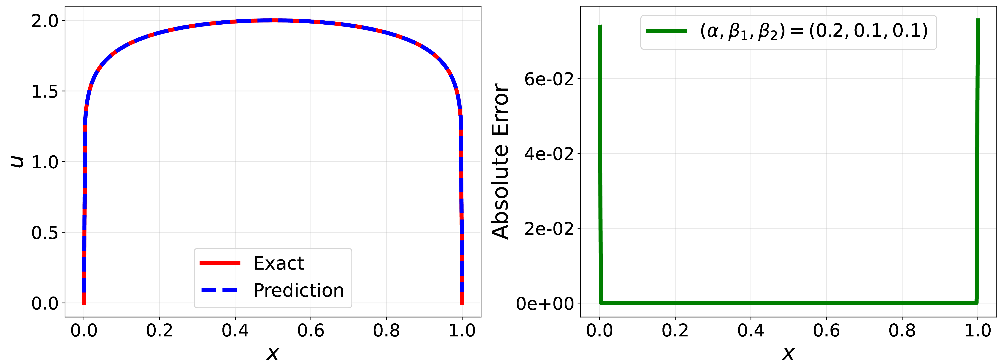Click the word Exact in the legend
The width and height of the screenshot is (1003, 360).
pyautogui.click(x=278, y=263)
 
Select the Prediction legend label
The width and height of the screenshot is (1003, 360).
pyautogui.click(x=299, y=290)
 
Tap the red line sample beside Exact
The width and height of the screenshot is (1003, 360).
pyautogui.click(x=220, y=263)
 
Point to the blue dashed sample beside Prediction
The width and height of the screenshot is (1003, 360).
pyautogui.click(x=220, y=290)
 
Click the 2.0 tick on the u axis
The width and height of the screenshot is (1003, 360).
pyautogui.click(x=45, y=21)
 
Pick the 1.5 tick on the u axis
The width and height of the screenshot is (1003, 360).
pyautogui.click(x=45, y=91)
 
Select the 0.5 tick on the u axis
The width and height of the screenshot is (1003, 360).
pyautogui.click(x=45, y=233)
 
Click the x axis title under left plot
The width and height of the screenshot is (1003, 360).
pyautogui.click(x=273, y=353)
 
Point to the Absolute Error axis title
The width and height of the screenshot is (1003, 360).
pyautogui.click(x=500, y=161)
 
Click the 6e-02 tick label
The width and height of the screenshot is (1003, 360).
pyautogui.click(x=549, y=79)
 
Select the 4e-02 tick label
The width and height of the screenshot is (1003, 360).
pyautogui.click(x=549, y=154)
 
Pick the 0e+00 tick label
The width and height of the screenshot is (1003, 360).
pyautogui.click(x=545, y=304)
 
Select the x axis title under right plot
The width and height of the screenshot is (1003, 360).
pyautogui.click(x=788, y=353)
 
